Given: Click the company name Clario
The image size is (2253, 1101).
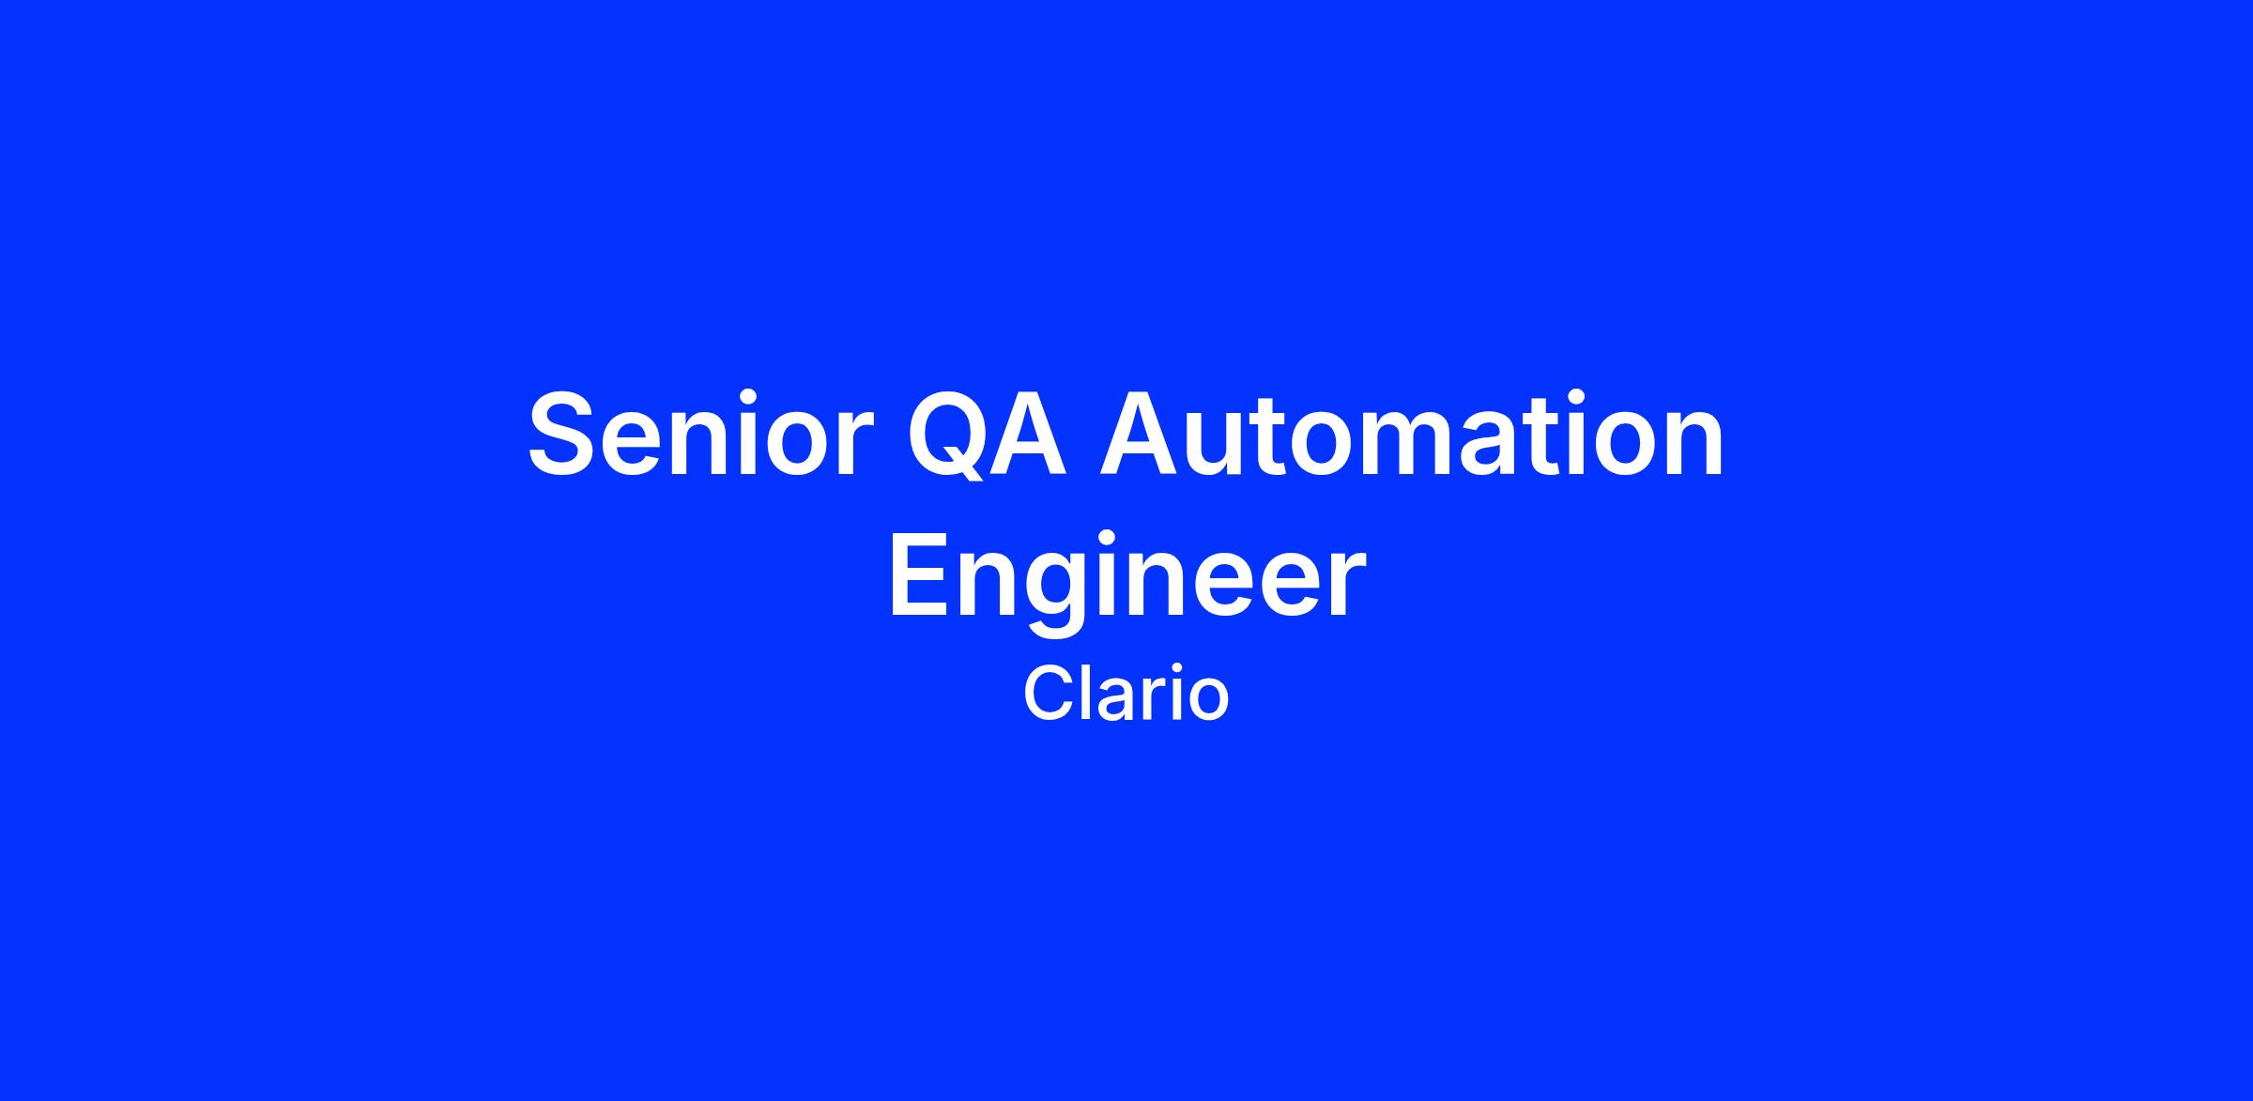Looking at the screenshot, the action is pyautogui.click(x=1126, y=695).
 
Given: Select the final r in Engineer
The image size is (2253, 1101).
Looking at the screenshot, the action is pyautogui.click(x=1347, y=586).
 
